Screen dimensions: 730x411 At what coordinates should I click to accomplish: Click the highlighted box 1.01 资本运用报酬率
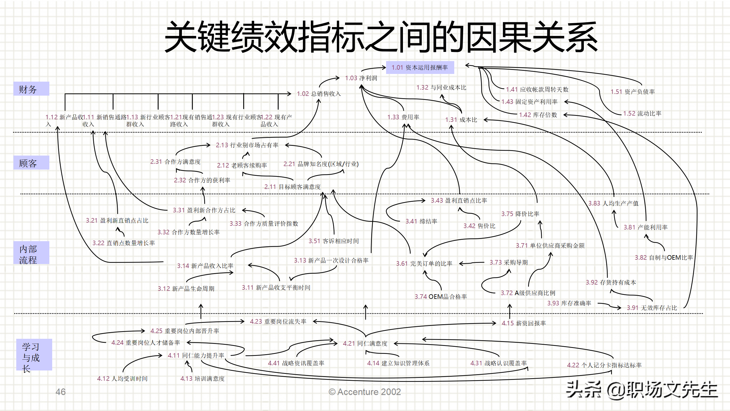click(x=420, y=68)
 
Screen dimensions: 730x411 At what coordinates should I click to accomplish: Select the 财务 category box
click(x=31, y=89)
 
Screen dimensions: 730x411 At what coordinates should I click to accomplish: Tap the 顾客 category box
click(x=31, y=163)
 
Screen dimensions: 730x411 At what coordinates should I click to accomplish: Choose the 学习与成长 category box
click(x=34, y=355)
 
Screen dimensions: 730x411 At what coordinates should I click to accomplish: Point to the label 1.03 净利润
click(x=361, y=78)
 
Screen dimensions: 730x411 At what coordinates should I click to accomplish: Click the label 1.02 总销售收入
click(x=319, y=94)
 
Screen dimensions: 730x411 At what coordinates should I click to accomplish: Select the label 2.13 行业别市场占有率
click(x=247, y=145)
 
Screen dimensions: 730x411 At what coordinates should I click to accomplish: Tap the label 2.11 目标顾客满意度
click(x=292, y=187)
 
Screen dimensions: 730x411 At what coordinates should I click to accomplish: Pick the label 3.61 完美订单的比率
click(x=424, y=264)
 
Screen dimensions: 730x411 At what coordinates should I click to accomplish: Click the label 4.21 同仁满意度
click(x=365, y=344)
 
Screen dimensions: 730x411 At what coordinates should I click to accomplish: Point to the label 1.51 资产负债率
click(x=632, y=92)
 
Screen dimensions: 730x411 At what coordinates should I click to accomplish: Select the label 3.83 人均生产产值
click(x=613, y=204)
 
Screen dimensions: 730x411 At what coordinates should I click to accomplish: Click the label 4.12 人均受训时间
click(x=122, y=379)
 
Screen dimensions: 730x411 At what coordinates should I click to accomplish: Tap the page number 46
click(x=60, y=392)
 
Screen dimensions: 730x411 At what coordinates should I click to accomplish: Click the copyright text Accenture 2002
click(x=365, y=392)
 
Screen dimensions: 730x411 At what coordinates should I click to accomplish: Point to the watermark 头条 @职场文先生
click(x=642, y=390)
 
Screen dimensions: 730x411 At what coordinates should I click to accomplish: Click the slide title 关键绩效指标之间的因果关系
click(x=381, y=37)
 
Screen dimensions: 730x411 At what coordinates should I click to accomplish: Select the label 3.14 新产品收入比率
click(x=205, y=266)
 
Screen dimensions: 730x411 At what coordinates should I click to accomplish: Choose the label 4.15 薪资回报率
click(x=524, y=323)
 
